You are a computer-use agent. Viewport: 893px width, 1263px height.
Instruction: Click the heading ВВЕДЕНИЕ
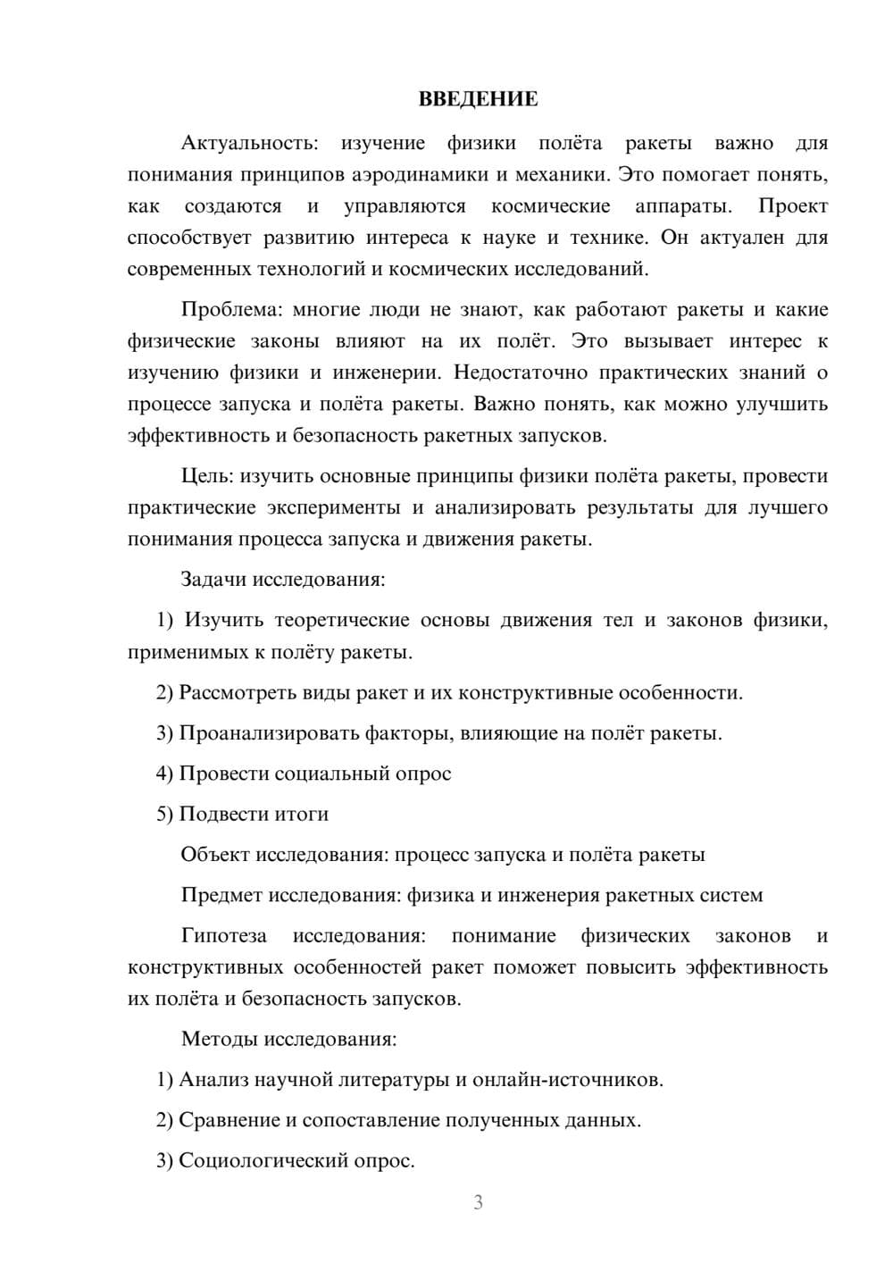coord(478,99)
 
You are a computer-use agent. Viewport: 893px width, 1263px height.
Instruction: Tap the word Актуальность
coord(248,143)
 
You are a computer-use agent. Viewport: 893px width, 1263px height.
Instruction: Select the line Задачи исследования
coord(283,579)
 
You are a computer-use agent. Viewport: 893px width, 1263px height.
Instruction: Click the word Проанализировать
coord(268,733)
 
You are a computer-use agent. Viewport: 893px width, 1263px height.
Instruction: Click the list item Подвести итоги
coord(254,814)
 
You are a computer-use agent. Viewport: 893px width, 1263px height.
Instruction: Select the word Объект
coord(215,854)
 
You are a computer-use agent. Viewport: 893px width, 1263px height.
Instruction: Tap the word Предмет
coord(221,895)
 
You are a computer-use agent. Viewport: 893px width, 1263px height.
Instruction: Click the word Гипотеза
coord(224,935)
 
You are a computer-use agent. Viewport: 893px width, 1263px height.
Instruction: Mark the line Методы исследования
coord(288,1039)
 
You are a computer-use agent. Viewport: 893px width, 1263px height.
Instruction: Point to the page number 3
coord(478,1202)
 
